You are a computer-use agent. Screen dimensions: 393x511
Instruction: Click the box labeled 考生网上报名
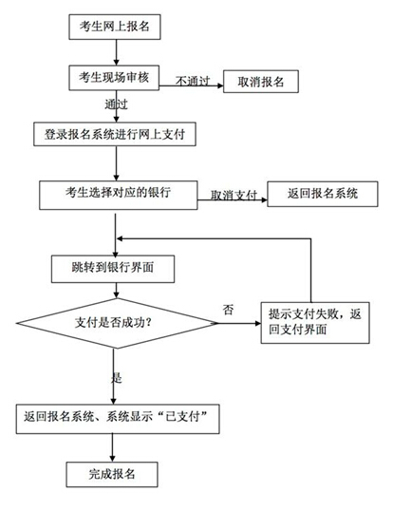point(115,27)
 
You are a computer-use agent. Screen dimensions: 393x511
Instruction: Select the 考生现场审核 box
point(114,78)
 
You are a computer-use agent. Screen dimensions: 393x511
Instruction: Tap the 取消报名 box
point(261,81)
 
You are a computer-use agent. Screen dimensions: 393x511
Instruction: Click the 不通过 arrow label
point(193,81)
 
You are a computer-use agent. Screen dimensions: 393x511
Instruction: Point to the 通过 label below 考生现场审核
point(116,104)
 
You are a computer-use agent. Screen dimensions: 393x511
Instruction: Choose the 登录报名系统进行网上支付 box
point(115,134)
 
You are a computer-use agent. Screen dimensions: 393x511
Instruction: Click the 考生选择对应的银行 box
point(119,195)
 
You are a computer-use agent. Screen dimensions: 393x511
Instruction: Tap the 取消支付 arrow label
point(234,195)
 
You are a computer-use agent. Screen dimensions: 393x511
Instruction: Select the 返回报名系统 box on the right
point(323,194)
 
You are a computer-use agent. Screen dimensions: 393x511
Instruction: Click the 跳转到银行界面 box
point(113,269)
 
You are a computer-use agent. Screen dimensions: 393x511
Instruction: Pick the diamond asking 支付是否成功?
point(117,323)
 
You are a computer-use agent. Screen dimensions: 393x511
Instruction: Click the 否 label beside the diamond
point(228,309)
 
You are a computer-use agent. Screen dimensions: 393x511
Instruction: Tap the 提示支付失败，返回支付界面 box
point(315,323)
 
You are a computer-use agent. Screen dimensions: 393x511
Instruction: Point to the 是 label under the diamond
point(116,378)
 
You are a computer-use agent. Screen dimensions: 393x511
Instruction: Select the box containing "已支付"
point(118,419)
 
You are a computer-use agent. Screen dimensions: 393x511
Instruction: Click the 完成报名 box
point(112,474)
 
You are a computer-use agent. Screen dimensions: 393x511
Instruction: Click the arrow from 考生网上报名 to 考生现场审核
point(116,52)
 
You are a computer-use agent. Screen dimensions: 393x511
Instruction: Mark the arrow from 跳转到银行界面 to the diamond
point(116,291)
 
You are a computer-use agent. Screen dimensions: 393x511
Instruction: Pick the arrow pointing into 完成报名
point(112,447)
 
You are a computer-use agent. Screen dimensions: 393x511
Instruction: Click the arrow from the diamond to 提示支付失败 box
point(239,323)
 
